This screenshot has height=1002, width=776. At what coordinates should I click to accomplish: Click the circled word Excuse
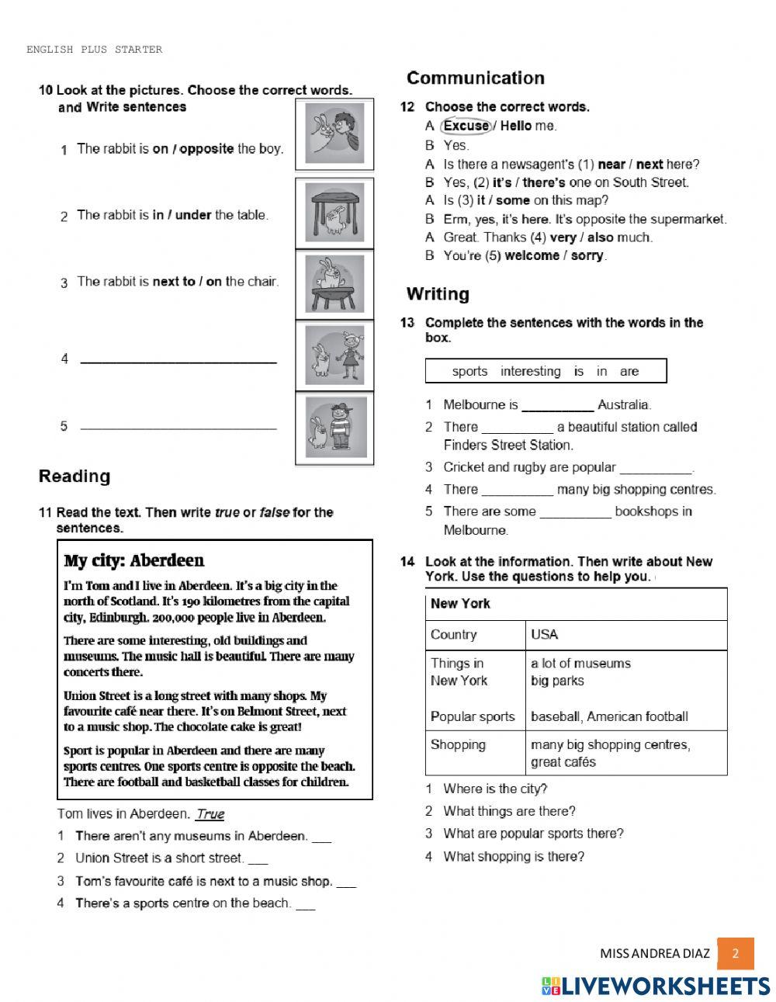[x=466, y=126]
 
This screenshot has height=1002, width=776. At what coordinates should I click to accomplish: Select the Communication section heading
[x=475, y=78]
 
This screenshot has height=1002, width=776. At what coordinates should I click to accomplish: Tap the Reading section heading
[x=74, y=477]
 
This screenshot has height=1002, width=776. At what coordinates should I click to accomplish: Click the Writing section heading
[x=438, y=294]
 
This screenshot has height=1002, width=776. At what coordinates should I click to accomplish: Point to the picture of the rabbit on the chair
[x=334, y=284]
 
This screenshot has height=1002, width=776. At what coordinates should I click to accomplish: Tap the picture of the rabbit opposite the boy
[x=334, y=134]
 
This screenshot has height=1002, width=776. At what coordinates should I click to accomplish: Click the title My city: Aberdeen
[x=133, y=560]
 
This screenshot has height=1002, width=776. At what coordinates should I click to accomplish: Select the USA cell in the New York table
[x=545, y=634]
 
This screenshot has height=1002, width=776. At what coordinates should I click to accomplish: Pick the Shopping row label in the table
[x=458, y=744]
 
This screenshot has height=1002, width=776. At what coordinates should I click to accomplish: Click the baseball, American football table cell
[x=609, y=716]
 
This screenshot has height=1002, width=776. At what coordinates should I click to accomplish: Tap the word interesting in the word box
[x=530, y=371]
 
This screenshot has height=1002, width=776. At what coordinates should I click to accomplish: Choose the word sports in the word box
[x=469, y=371]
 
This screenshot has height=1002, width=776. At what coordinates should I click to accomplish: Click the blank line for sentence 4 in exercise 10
[x=178, y=360]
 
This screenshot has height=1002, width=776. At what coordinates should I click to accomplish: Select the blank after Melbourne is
[x=557, y=406]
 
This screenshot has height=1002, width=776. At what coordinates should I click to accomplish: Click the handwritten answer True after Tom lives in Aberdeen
[x=210, y=814]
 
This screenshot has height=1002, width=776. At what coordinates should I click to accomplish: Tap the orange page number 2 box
[x=735, y=954]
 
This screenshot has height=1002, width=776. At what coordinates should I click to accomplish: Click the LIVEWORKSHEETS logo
[x=656, y=986]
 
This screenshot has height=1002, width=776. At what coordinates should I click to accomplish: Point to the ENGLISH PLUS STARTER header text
[x=94, y=50]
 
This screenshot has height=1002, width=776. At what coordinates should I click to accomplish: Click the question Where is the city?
[x=495, y=789]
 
